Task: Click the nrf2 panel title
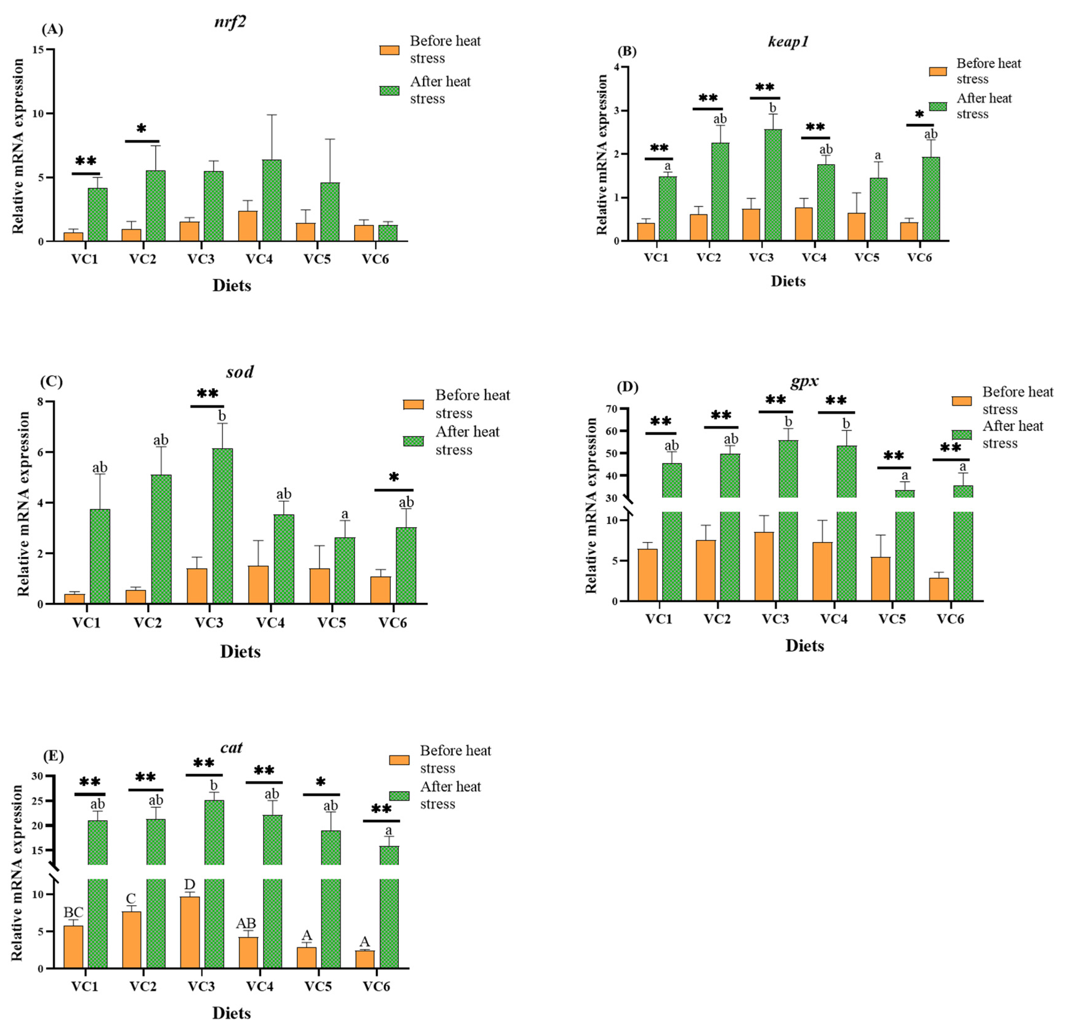pyautogui.click(x=231, y=22)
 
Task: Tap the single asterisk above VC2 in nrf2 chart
pyautogui.click(x=141, y=129)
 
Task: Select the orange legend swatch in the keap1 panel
pyautogui.click(x=938, y=71)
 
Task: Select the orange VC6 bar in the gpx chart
pyautogui.click(x=938, y=589)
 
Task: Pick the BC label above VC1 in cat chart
pyautogui.click(x=73, y=912)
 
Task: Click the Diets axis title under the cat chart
pyautogui.click(x=231, y=1013)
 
